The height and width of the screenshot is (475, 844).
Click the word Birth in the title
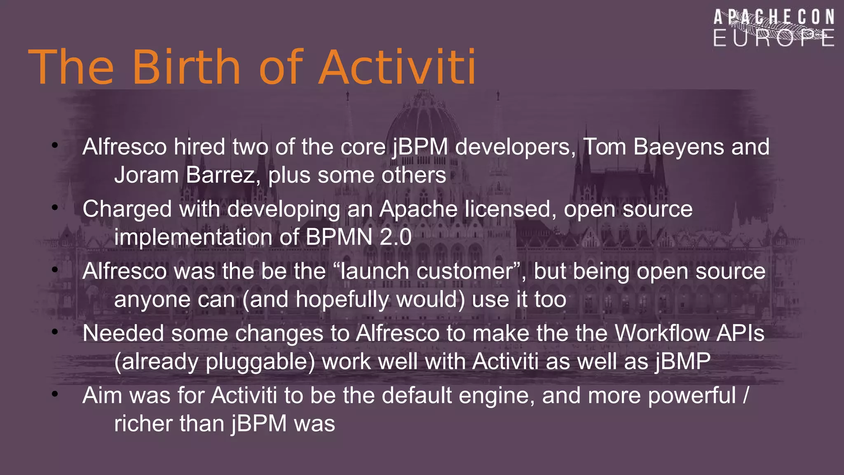click(186, 67)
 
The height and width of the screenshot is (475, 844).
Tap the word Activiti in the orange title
click(397, 67)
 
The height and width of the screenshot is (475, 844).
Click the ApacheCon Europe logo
click(774, 28)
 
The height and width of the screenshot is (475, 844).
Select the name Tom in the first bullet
click(605, 147)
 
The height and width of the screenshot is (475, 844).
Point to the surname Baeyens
click(678, 147)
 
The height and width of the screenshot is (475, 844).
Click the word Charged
click(127, 209)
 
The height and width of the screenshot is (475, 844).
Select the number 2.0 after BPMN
click(395, 237)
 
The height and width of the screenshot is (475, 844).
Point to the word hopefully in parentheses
click(342, 300)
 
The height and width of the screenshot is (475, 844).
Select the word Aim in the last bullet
click(102, 395)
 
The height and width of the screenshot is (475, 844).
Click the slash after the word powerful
click(746, 396)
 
